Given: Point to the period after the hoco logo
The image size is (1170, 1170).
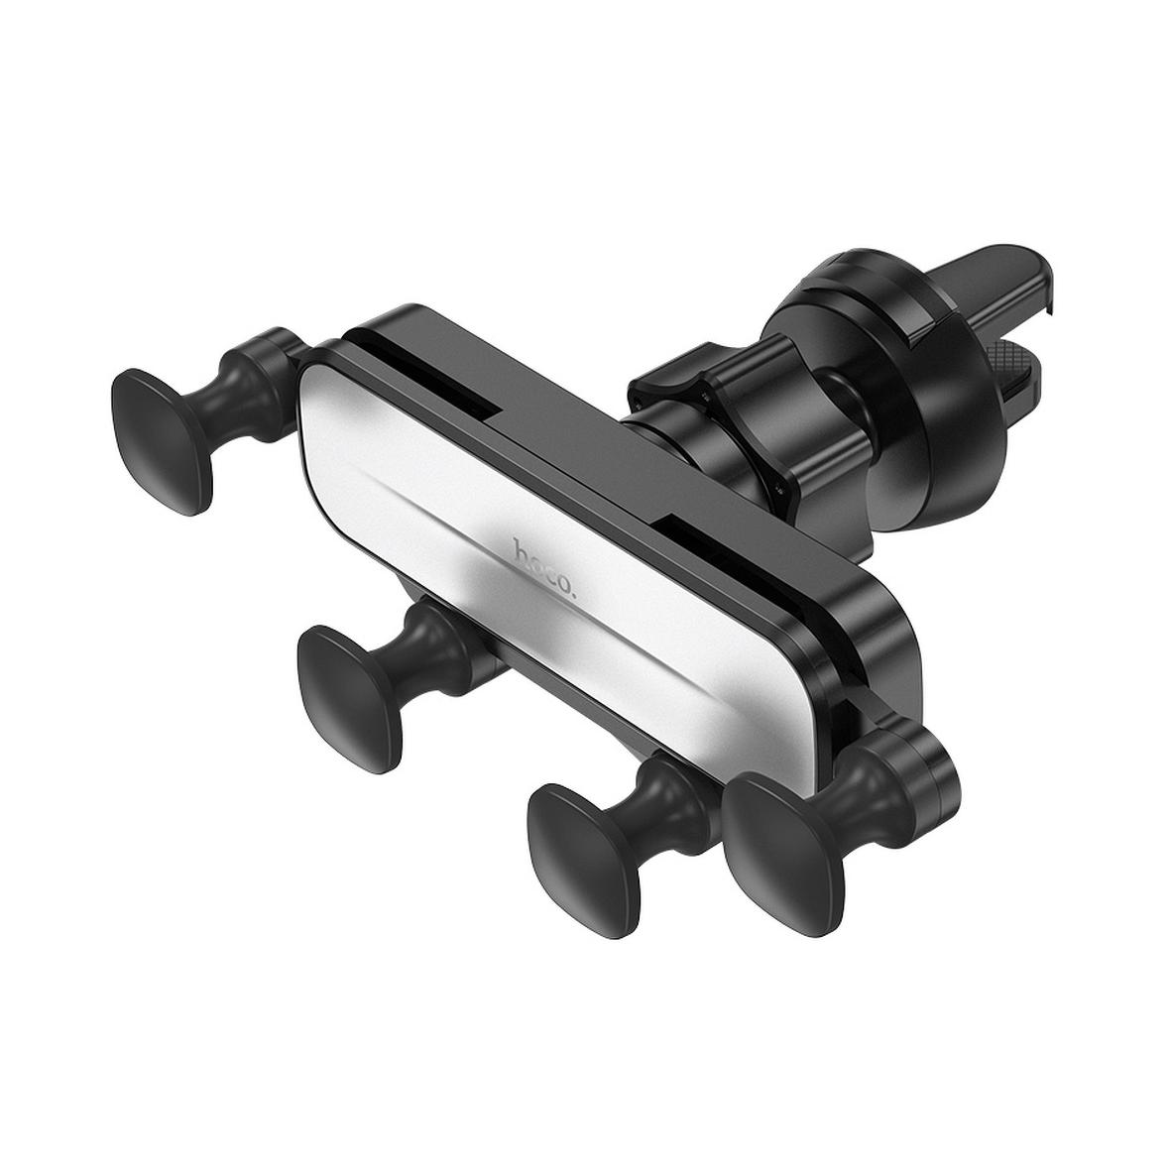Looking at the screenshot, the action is [x=573, y=595].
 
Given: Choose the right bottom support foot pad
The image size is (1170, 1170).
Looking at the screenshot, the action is [x=586, y=840].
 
